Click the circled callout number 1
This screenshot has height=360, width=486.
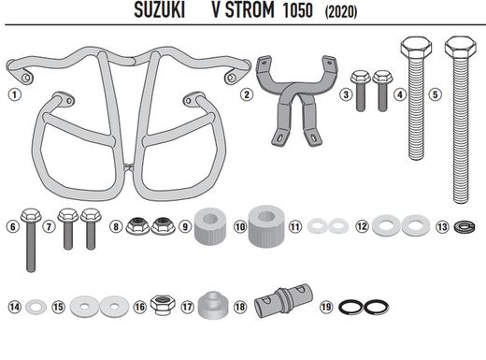click(x=13, y=94)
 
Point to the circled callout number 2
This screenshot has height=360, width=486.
click(x=246, y=94)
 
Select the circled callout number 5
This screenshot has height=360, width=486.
click(x=434, y=94)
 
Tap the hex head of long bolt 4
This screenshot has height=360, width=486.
click(x=415, y=46)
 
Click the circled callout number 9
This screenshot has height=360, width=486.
click(x=184, y=226)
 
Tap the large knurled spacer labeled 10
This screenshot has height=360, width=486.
click(x=265, y=223)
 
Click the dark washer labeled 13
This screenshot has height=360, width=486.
click(x=463, y=226)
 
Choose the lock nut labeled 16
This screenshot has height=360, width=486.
click(x=161, y=305)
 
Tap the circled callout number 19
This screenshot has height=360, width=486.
click(x=324, y=306)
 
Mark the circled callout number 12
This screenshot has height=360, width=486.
click(x=362, y=226)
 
